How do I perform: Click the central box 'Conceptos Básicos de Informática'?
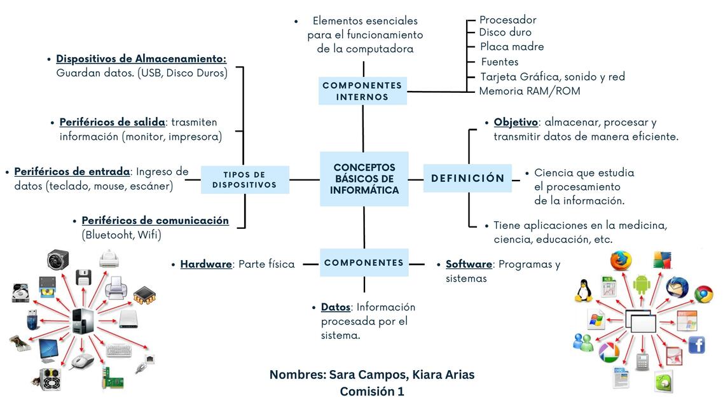[x=364, y=179]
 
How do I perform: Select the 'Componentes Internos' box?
[x=362, y=91]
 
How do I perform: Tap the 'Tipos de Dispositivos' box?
[x=245, y=179]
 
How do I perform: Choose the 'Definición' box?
[x=468, y=179]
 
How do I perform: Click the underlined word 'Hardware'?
[x=206, y=264]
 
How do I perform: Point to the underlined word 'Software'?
[x=469, y=264]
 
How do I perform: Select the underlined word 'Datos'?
[x=335, y=307]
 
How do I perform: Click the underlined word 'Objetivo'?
[x=516, y=122]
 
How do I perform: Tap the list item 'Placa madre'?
[x=512, y=46]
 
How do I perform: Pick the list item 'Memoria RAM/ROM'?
[x=529, y=91]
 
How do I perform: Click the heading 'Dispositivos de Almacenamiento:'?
[x=141, y=59]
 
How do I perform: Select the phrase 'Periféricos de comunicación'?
[x=155, y=221]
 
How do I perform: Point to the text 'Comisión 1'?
[x=372, y=392]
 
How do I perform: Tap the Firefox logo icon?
[x=621, y=261]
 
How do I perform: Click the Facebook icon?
[x=696, y=345]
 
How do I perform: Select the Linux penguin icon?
[x=583, y=290]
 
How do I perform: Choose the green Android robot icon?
[x=641, y=284]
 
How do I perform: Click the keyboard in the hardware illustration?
[x=119, y=350]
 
